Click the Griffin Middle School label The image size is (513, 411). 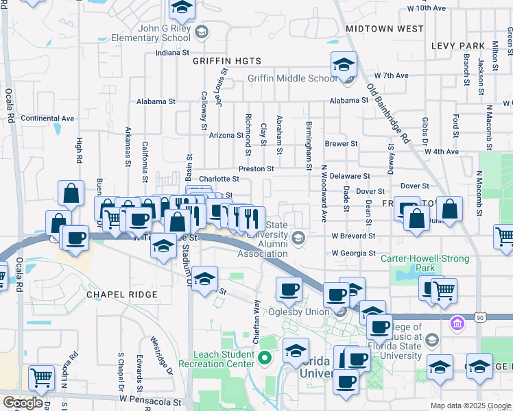[292, 78]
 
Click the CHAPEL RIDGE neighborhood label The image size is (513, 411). [122, 294]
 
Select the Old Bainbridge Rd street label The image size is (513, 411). [387, 113]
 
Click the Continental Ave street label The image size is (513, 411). [47, 118]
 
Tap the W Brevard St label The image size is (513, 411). [353, 235]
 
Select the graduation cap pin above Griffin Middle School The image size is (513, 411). [344, 64]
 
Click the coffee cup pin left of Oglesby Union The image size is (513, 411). [289, 288]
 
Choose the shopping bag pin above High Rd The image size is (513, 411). [71, 194]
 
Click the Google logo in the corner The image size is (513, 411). [23, 403]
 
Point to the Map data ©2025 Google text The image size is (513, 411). [470, 406]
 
